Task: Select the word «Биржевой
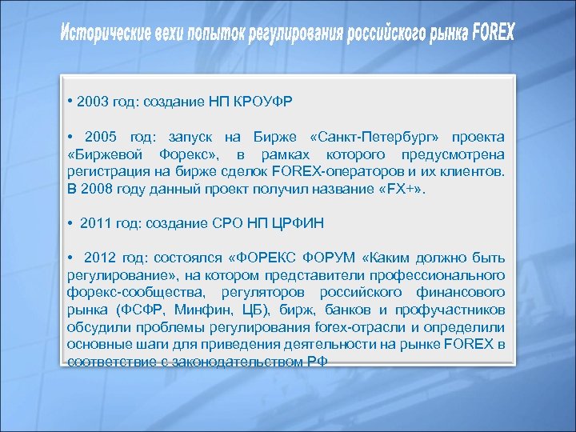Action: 103,154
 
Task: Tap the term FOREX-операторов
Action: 322,171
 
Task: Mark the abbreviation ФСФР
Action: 140,310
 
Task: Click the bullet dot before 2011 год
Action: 71,224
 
